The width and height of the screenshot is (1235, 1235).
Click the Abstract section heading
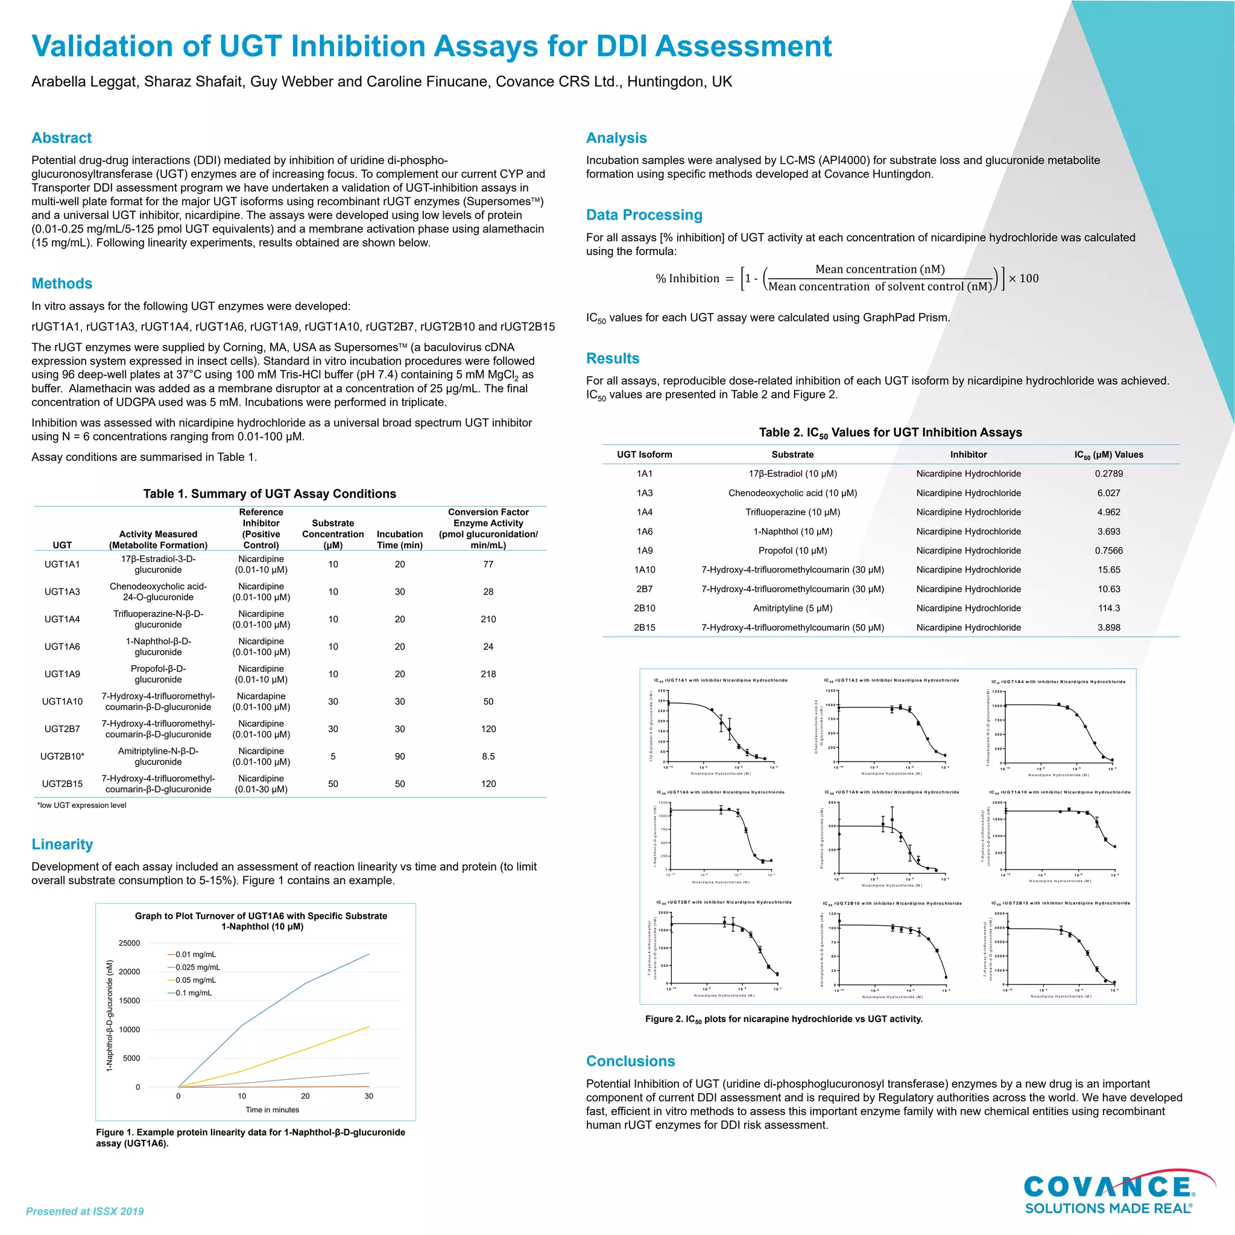click(62, 138)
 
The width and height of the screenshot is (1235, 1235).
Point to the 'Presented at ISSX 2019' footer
click(85, 1211)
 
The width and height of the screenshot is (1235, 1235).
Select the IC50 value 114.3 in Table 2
click(1108, 608)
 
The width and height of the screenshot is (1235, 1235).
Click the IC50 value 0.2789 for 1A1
click(1108, 473)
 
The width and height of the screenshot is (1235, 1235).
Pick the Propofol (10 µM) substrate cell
click(792, 551)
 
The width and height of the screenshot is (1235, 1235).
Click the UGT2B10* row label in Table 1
click(62, 756)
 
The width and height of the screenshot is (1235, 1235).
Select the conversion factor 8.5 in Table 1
click(488, 756)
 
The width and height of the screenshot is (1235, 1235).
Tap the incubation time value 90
click(400, 756)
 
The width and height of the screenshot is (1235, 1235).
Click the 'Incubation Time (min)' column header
click(400, 540)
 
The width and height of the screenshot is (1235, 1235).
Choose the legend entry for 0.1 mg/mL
click(193, 993)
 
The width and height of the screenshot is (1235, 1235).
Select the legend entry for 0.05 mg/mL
click(195, 980)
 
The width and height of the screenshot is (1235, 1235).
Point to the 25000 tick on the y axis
click(129, 943)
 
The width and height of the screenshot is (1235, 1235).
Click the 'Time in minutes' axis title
click(273, 1110)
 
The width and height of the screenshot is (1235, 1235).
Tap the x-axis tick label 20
click(306, 1096)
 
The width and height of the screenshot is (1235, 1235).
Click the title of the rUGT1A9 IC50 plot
click(891, 792)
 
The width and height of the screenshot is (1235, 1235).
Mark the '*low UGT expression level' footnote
click(82, 806)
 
